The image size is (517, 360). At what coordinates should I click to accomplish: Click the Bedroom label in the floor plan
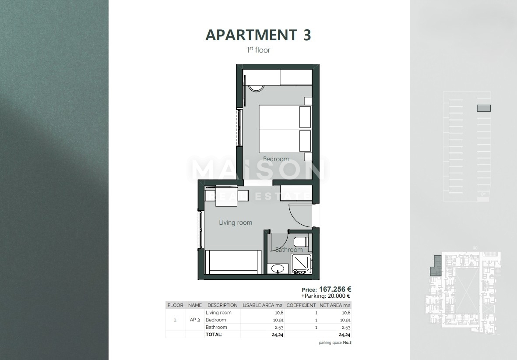point(276,159)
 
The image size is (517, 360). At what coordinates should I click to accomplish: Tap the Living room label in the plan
point(236,222)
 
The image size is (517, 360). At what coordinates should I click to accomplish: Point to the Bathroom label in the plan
point(289,250)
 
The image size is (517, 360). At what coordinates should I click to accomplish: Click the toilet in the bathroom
point(301,242)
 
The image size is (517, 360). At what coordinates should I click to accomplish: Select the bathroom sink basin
point(278,268)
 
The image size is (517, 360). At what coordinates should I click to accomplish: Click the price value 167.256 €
point(335,289)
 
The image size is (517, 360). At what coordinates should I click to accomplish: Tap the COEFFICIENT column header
point(301,305)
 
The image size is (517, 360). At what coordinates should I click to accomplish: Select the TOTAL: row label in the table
point(214,334)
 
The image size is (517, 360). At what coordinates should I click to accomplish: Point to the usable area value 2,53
point(278,327)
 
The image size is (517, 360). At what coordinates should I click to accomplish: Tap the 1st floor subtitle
point(258,50)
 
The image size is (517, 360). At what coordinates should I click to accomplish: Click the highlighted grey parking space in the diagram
point(483,108)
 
